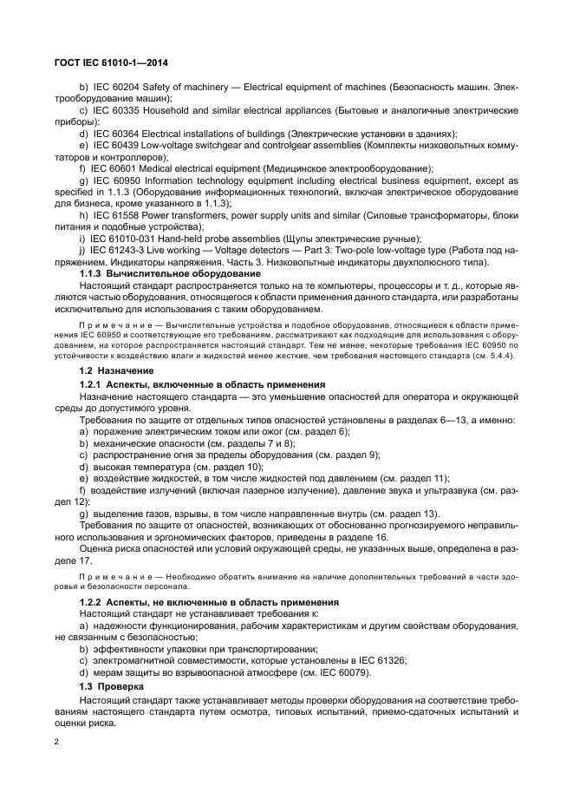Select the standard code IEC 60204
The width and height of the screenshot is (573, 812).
click(x=117, y=88)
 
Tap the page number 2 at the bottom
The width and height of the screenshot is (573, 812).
click(x=56, y=742)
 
